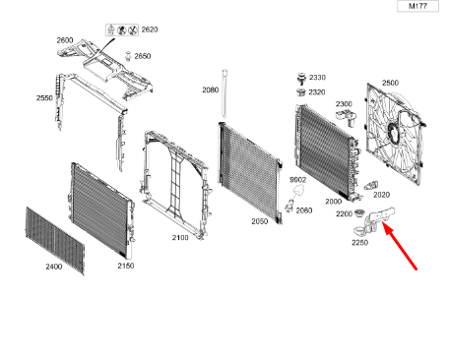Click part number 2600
pyautogui.click(x=66, y=40)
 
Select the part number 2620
pyautogui.click(x=148, y=30)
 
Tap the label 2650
pyautogui.click(x=143, y=56)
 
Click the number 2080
pyautogui.click(x=211, y=90)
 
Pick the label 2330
pyautogui.click(x=317, y=77)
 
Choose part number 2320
pyautogui.click(x=317, y=91)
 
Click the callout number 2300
pyautogui.click(x=344, y=103)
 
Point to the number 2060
pyautogui.click(x=304, y=210)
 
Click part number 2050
pyautogui.click(x=259, y=221)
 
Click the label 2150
pyautogui.click(x=126, y=266)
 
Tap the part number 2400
pyautogui.click(x=54, y=267)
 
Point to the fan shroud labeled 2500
pyautogui.click(x=398, y=138)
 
